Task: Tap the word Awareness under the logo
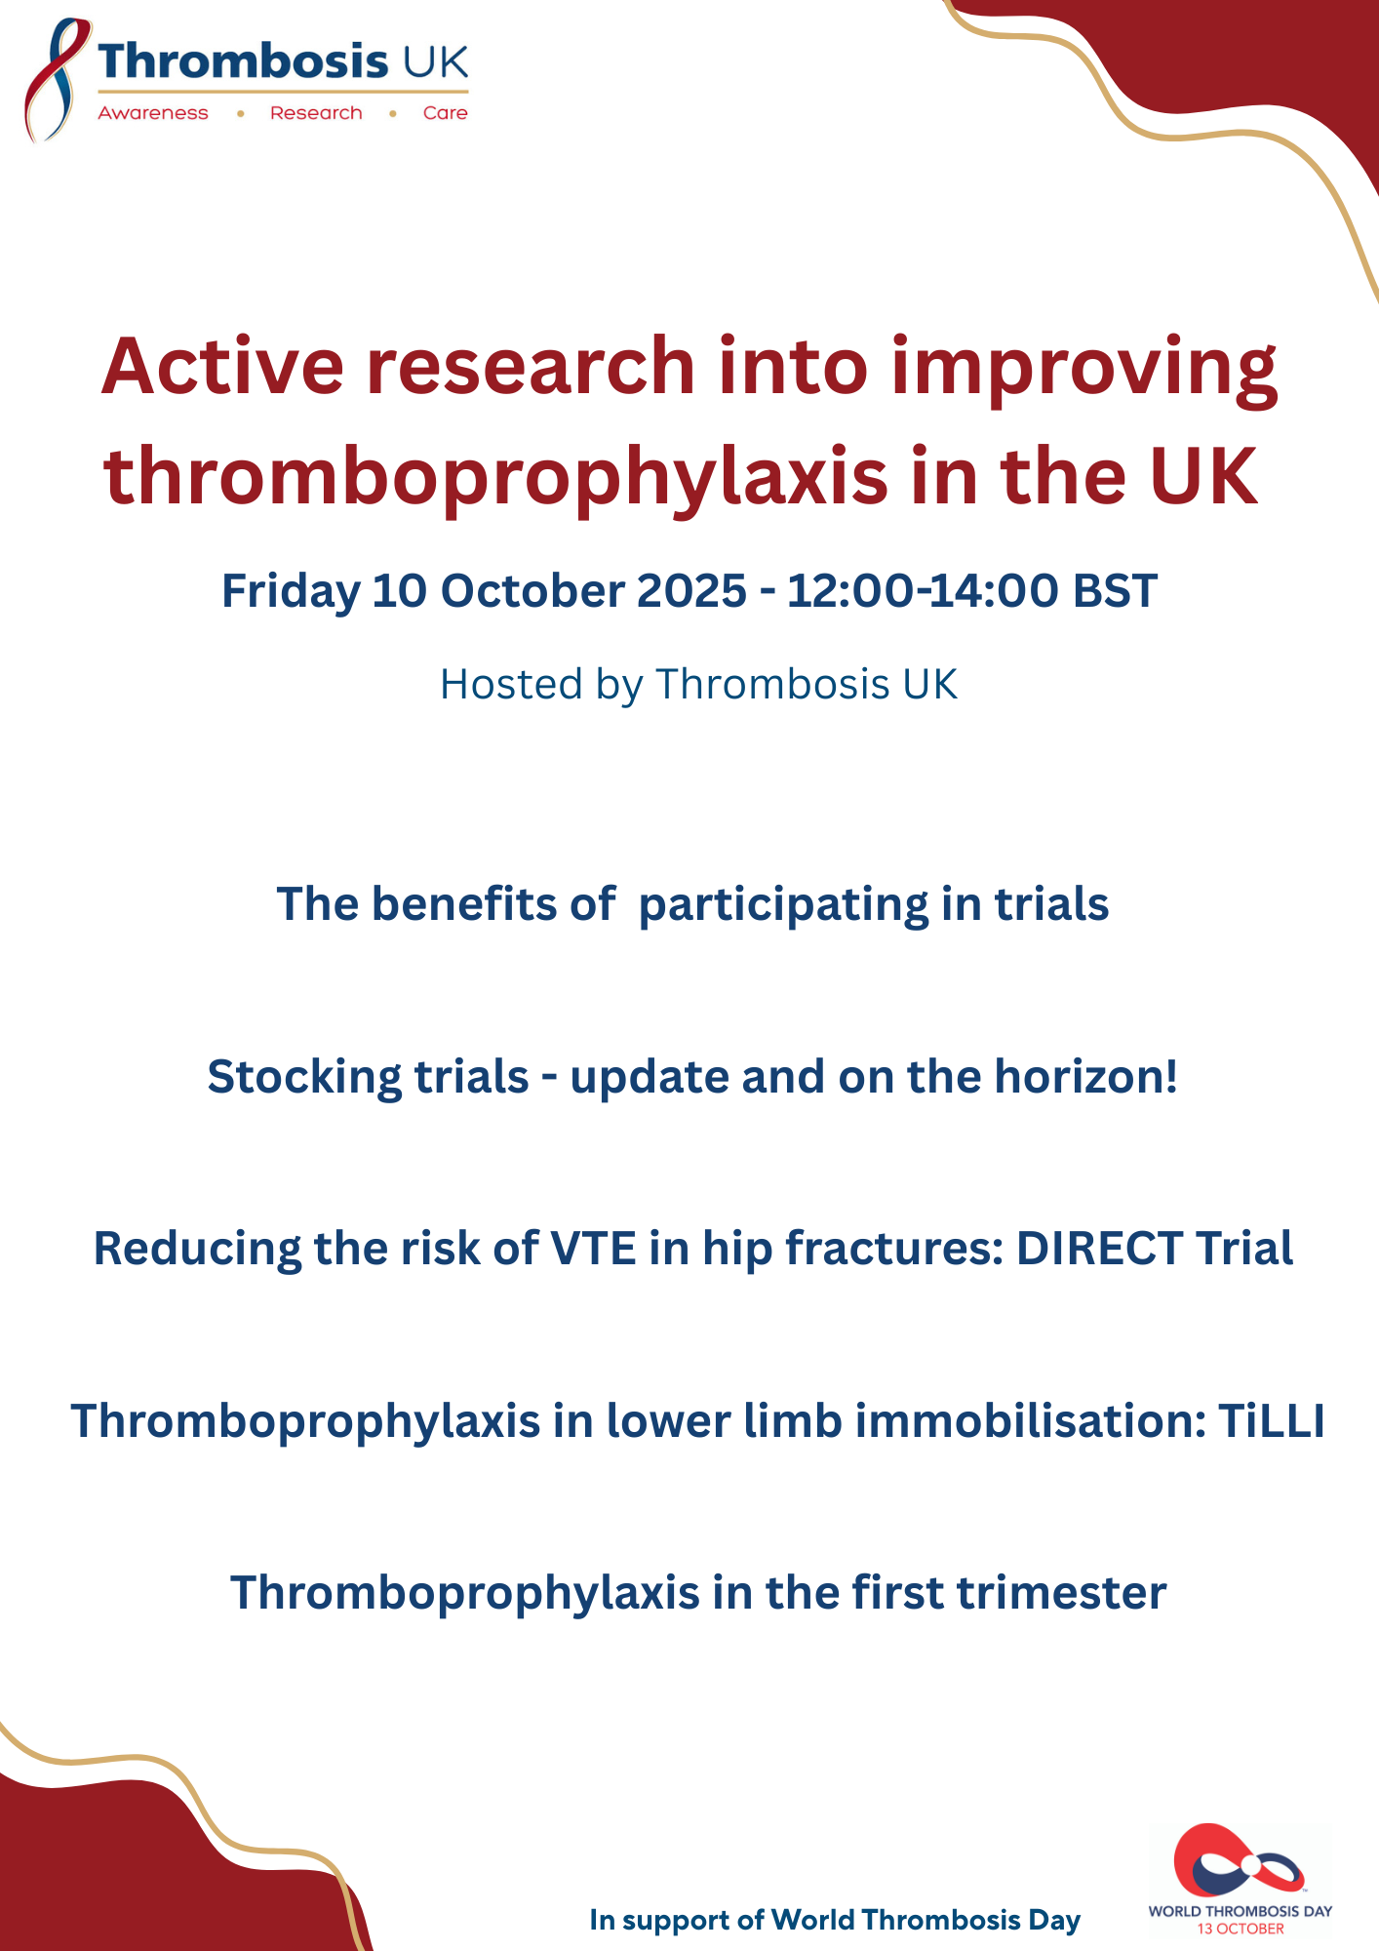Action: (153, 113)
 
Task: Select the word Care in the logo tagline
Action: (446, 113)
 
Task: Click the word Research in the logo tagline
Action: (316, 113)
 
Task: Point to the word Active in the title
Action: (222, 366)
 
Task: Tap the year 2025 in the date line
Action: (691, 590)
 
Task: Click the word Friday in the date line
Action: (291, 592)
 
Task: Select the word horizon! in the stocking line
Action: (1085, 1077)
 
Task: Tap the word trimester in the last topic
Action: (1061, 1593)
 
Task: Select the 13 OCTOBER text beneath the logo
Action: (1241, 1929)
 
